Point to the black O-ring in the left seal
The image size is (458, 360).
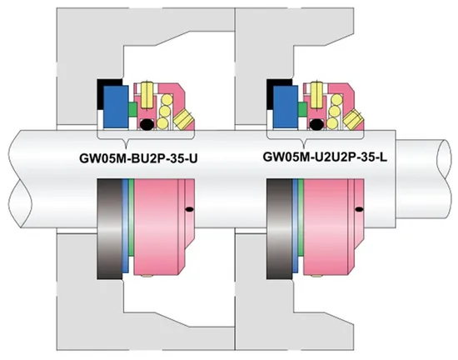click(x=147, y=125)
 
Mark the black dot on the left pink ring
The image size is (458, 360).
click(x=191, y=207)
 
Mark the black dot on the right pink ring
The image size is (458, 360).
click(x=360, y=207)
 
